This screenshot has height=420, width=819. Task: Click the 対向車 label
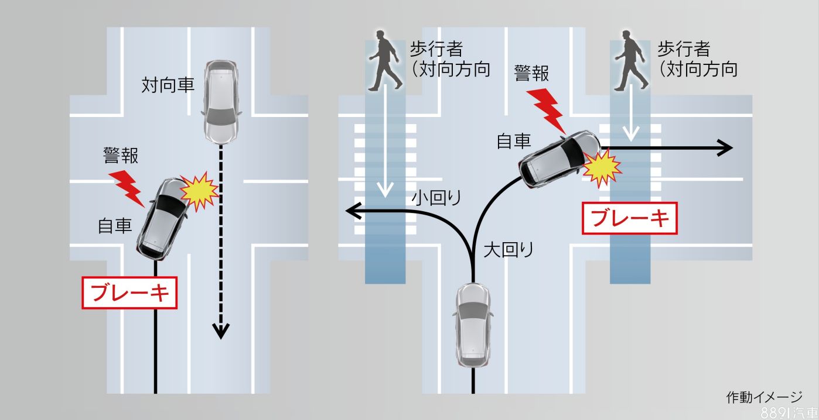click(168, 85)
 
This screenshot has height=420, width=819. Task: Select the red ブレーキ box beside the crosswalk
click(630, 218)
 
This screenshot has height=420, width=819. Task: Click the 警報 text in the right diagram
click(531, 73)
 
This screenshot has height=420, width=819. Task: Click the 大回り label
click(509, 250)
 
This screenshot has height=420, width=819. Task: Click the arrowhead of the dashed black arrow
click(221, 331)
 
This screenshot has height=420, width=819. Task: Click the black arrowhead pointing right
click(725, 148)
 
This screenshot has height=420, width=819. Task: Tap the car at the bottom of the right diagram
click(472, 323)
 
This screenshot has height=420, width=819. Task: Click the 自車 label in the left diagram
click(115, 225)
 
